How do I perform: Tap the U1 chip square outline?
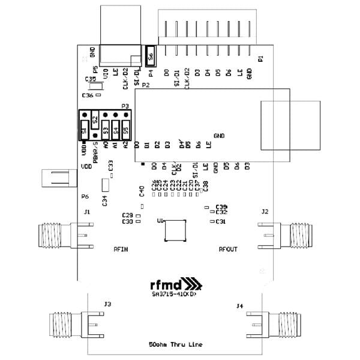click(x=175, y=231)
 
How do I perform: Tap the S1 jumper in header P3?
click(x=85, y=128)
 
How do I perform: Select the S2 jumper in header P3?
click(x=95, y=118)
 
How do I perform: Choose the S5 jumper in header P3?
click(x=126, y=128)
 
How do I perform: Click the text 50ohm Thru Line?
click(x=176, y=345)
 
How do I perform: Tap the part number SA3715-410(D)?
click(x=172, y=294)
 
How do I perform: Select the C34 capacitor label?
click(x=105, y=201)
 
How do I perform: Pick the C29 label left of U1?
click(x=127, y=215)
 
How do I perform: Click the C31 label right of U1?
click(x=221, y=223)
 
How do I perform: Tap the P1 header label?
click(x=260, y=58)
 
